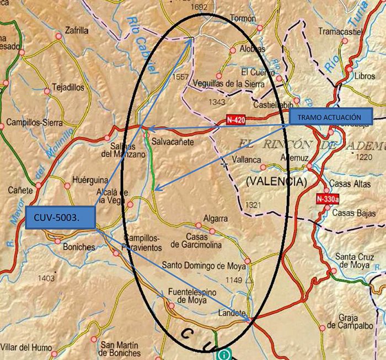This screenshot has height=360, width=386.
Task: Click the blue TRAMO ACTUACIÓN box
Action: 331,117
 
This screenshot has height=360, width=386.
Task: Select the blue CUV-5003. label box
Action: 60,219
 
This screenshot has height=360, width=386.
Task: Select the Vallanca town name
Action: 246,159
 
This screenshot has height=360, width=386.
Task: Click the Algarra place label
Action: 215,218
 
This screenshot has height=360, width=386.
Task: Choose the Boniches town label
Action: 79,247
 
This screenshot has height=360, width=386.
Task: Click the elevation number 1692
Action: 200,7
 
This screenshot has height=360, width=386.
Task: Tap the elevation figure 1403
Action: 47,277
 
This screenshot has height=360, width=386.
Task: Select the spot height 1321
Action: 253,205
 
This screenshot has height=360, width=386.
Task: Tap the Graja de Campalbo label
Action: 349,320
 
